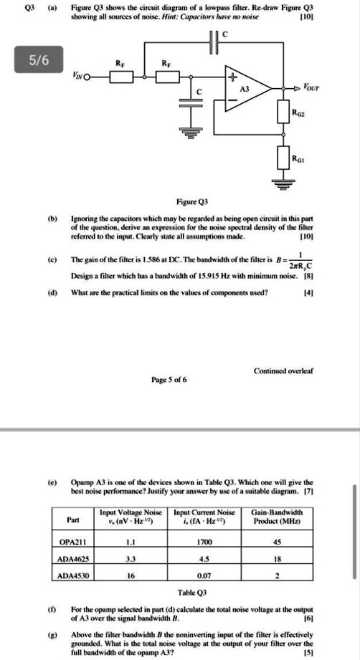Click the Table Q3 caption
tap(191, 593)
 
